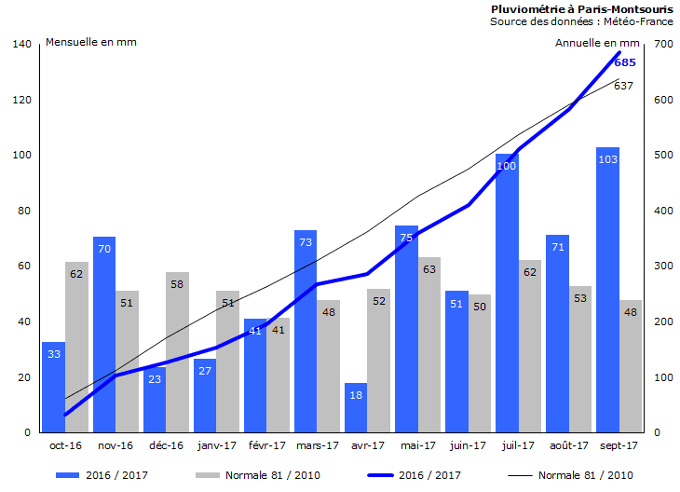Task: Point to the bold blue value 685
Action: tap(625, 62)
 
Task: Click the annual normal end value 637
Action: tap(623, 86)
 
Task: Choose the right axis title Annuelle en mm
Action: tap(597, 42)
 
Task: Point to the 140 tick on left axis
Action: tap(22, 44)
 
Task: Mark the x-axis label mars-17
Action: tap(318, 445)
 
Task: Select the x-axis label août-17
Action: tap(569, 445)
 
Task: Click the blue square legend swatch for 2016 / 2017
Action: tap(66, 475)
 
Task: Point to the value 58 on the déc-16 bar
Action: tap(177, 284)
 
